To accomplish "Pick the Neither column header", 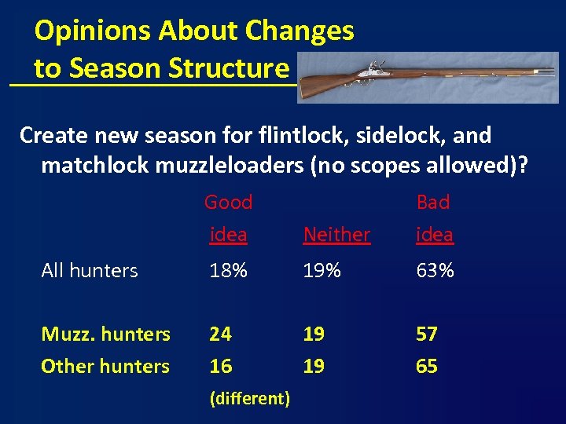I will [336, 234].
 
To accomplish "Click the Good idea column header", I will [228, 217].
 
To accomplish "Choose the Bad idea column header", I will [434, 217].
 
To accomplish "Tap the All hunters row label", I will [90, 271].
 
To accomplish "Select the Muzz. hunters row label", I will [105, 334].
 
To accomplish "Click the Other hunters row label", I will [105, 367].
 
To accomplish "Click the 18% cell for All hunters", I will [228, 271].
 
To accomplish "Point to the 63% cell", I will [435, 271].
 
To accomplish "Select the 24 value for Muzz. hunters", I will [220, 334].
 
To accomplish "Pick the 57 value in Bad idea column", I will [427, 334].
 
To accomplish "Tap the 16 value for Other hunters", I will [220, 367].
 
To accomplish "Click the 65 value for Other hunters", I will [427, 367].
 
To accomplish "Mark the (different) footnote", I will [250, 399].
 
